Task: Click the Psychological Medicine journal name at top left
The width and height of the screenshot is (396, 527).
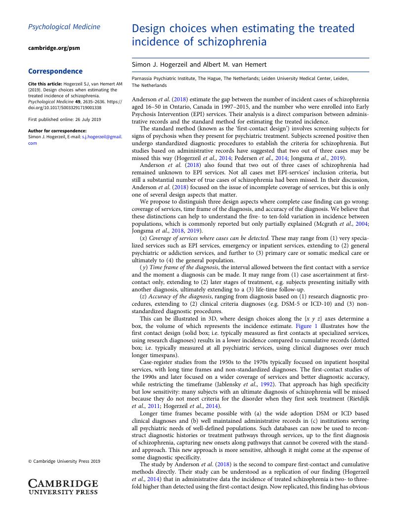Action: click(64, 27)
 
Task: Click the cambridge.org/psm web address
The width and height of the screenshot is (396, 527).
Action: click(54, 48)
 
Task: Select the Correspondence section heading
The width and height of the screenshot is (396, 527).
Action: click(55, 72)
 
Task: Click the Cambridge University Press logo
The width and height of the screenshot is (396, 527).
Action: click(63, 486)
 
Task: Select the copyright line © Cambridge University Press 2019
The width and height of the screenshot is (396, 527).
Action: click(64, 461)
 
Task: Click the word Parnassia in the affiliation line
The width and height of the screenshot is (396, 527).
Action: click(143, 79)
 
